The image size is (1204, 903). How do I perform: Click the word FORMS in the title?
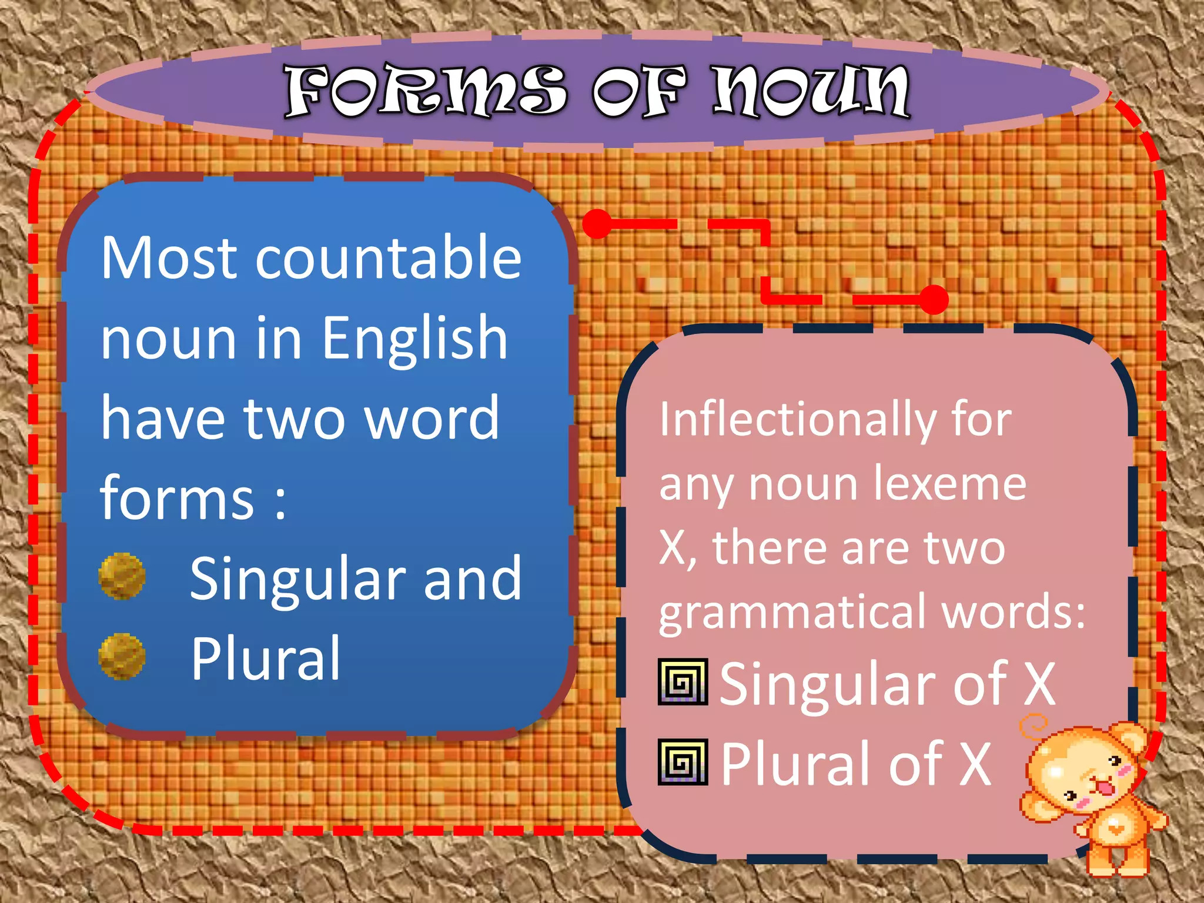[425, 91]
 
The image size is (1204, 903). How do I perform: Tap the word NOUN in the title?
[811, 91]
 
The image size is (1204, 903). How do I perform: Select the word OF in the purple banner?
[638, 91]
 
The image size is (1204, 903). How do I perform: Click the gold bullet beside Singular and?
[122, 576]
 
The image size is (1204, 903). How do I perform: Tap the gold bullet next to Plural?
[122, 656]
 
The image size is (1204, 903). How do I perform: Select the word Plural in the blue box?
[266, 658]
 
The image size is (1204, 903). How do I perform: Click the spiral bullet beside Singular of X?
[683, 682]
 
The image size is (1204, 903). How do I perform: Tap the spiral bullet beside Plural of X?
[683, 762]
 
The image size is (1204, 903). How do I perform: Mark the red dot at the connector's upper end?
[598, 224]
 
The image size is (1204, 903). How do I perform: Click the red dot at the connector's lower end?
[934, 300]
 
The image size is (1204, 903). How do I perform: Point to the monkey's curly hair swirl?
[1033, 726]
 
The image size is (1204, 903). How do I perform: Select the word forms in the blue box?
[177, 499]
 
